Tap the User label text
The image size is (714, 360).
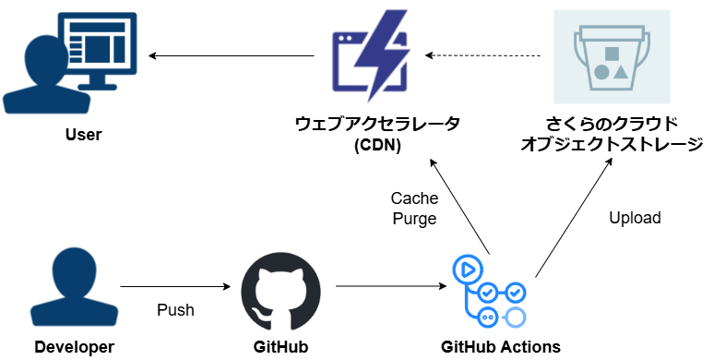[x=84, y=135]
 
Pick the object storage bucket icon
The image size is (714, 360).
[x=612, y=57]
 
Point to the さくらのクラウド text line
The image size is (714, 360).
[x=612, y=124]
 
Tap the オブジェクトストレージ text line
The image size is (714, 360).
[x=612, y=145]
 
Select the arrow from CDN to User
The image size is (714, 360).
[x=231, y=57]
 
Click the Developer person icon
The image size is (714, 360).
[x=75, y=288]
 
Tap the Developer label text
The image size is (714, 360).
[x=75, y=347]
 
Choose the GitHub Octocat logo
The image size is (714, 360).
[x=281, y=288]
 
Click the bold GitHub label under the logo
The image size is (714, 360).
[x=280, y=347]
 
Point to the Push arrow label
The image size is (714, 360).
[x=175, y=309]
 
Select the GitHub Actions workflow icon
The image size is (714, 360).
[x=489, y=290]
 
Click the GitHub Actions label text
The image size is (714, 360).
[x=499, y=347]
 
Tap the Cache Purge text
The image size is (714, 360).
[x=414, y=209]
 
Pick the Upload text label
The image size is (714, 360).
[x=635, y=218]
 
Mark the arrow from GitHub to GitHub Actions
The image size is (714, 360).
[x=387, y=287]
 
